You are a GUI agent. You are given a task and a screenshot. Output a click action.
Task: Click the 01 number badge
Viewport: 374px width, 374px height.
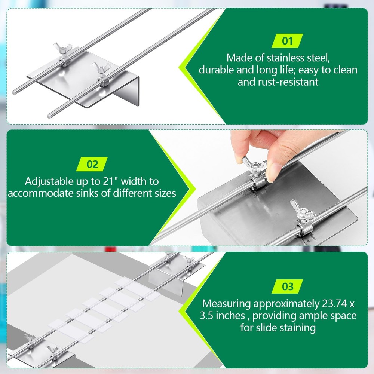(x=287, y=41)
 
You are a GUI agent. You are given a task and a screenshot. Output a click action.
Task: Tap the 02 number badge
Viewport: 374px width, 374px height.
(x=92, y=164)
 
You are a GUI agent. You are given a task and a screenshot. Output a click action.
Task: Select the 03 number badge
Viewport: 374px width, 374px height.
(x=287, y=286)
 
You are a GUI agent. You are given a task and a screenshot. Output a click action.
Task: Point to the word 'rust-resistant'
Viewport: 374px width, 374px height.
(x=288, y=82)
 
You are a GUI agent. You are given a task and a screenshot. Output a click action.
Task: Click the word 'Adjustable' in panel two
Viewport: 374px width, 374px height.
(x=49, y=182)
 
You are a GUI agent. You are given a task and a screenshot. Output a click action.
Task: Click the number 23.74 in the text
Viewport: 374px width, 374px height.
(x=335, y=304)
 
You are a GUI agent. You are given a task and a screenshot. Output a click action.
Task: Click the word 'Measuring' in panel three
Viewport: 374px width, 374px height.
(x=226, y=304)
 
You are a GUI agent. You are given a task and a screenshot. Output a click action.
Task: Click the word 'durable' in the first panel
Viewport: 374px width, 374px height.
(x=216, y=70)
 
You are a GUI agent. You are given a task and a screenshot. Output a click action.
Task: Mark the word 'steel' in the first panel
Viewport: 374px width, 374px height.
(x=318, y=58)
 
